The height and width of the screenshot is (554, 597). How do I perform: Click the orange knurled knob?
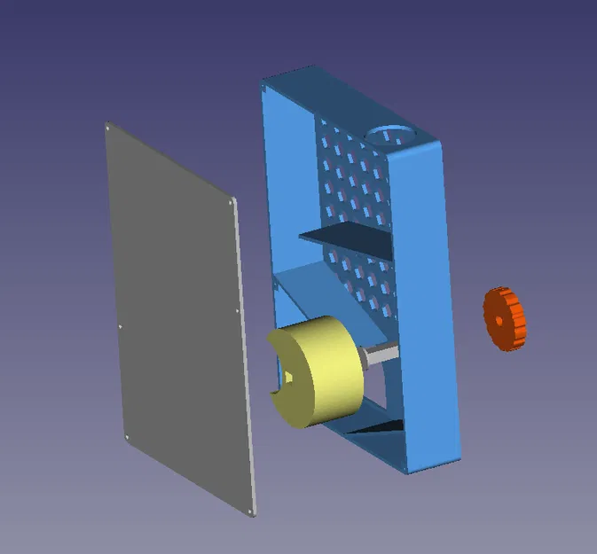pyautogui.click(x=505, y=317)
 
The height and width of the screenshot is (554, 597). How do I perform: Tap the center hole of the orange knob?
pyautogui.click(x=499, y=321)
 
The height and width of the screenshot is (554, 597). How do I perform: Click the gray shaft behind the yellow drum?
pyautogui.click(x=380, y=355)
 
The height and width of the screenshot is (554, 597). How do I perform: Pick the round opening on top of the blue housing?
pyautogui.click(x=389, y=134)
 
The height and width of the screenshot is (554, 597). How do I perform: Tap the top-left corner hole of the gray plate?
pyautogui.click(x=109, y=129)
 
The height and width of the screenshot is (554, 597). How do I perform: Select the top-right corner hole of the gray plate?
pyautogui.click(x=232, y=203)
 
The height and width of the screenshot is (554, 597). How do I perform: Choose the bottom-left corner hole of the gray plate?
pyautogui.click(x=127, y=436)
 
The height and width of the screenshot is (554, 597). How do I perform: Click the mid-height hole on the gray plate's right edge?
pyautogui.click(x=238, y=311)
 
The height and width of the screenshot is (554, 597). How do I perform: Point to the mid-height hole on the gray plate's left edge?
pyautogui.click(x=120, y=325)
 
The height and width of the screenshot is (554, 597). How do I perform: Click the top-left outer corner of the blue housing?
pyautogui.click(x=265, y=83)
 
